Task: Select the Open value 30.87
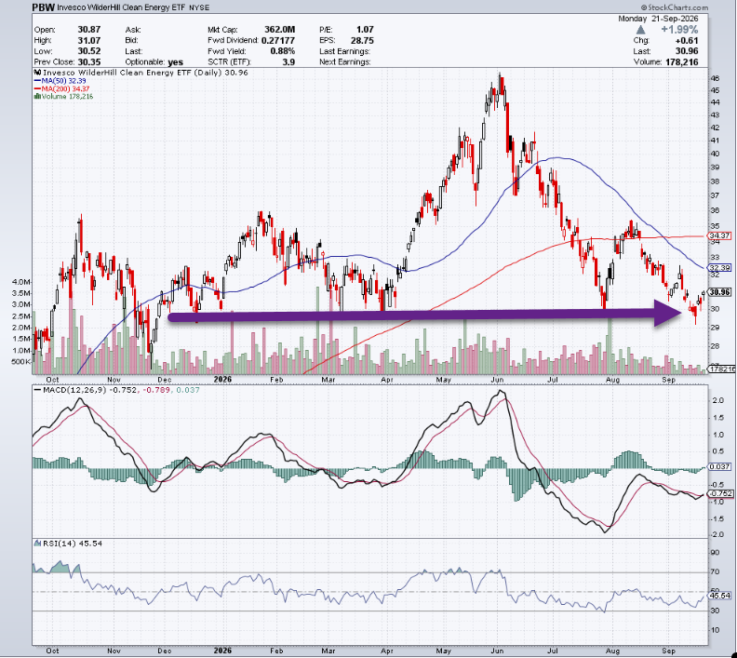click(x=88, y=30)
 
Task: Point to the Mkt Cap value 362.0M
click(x=279, y=30)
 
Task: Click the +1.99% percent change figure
click(x=679, y=30)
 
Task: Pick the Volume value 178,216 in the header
click(x=681, y=62)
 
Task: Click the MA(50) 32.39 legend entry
click(x=60, y=81)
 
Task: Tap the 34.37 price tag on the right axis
click(x=719, y=235)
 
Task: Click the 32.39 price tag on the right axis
click(x=719, y=267)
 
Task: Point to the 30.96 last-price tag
click(x=720, y=292)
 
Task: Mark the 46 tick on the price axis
click(x=715, y=78)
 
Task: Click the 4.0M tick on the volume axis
click(x=21, y=282)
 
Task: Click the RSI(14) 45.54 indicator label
click(x=73, y=544)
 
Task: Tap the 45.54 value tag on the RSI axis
click(x=720, y=596)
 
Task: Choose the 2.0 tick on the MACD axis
click(x=717, y=400)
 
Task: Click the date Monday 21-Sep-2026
click(x=658, y=19)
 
